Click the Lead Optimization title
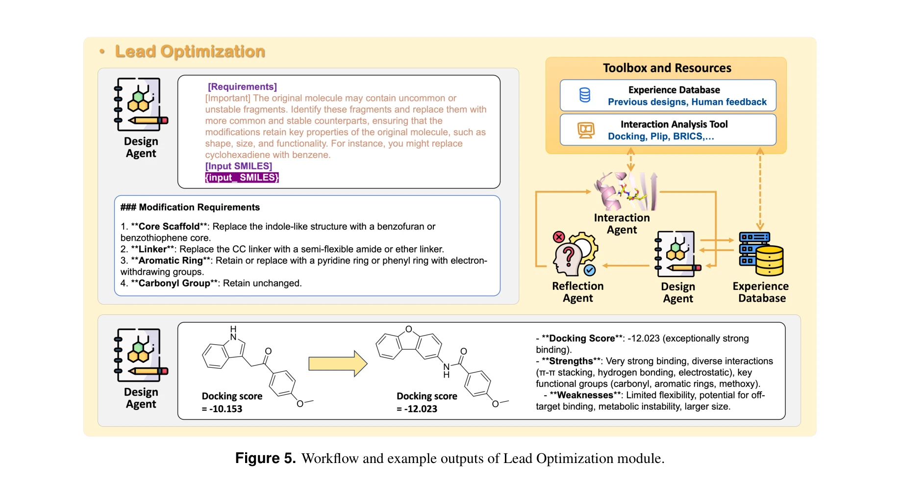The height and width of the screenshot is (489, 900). pos(190,51)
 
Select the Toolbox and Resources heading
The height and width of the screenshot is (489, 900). pos(667,68)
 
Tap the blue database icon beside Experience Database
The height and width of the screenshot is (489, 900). pos(585,95)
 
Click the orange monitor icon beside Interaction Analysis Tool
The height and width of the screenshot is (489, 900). pos(586,130)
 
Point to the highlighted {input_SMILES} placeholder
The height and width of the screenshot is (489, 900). pos(242,178)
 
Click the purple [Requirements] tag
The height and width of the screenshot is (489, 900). pos(242,87)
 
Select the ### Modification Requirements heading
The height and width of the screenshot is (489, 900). pos(190,207)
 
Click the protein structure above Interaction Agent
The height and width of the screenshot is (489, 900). pos(625,191)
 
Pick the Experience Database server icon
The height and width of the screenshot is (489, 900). pos(761,254)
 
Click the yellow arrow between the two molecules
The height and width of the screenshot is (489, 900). pos(338,363)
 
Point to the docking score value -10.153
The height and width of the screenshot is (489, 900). pos(225,409)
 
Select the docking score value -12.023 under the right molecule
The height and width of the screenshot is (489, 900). pos(421,409)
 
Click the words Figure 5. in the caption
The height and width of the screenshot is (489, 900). pos(265,458)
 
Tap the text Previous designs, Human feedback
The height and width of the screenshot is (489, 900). pos(687,102)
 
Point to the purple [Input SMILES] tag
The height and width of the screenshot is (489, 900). pos(238,166)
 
